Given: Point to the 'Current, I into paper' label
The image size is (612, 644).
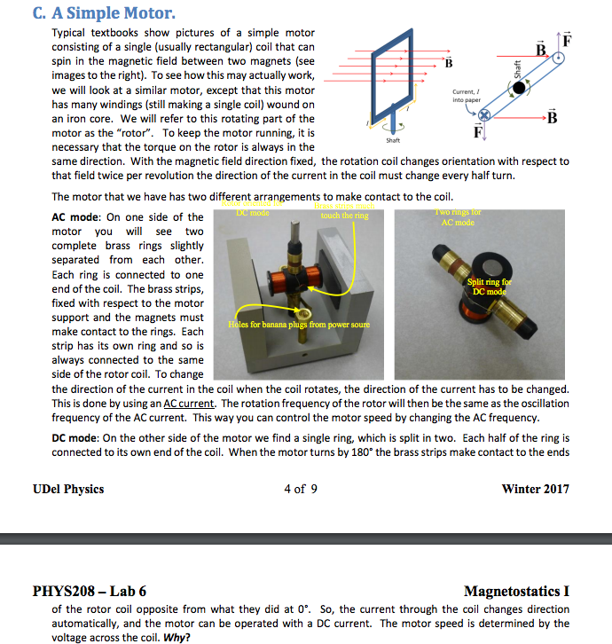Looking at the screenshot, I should pos(466,98).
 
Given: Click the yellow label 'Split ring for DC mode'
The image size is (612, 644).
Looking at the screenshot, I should pos(490,287).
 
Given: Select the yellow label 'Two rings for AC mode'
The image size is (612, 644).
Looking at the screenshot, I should pos(459,217).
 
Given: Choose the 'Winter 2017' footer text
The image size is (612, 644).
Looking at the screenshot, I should pos(535,489).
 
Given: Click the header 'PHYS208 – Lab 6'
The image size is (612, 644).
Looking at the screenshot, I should pos(90,591).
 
